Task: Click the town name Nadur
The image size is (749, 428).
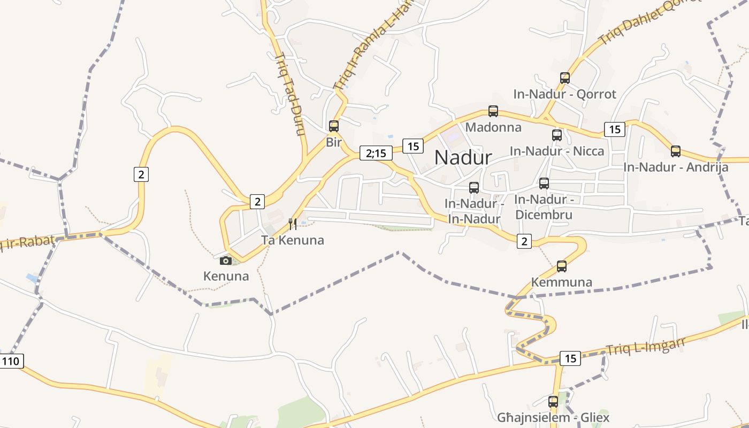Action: coord(463,157)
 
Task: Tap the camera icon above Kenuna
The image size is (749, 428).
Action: coord(226,261)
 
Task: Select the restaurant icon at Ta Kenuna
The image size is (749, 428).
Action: coord(293,224)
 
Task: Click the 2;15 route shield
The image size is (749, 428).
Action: coord(376,154)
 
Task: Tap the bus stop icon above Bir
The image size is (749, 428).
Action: coord(334,126)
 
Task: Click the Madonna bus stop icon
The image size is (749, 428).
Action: coord(493,111)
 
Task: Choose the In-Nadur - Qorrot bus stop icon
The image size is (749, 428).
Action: coord(565,78)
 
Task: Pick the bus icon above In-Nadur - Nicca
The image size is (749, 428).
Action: coord(557,135)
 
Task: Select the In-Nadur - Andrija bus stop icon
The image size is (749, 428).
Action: coord(676,151)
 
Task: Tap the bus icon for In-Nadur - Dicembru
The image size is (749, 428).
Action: coord(544,184)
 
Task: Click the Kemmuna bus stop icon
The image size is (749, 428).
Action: coord(562,266)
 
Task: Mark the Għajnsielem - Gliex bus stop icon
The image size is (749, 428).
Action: coord(553,401)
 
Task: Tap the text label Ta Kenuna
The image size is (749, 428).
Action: coord(293,240)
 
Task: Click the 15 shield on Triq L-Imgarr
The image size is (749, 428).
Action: coord(570,358)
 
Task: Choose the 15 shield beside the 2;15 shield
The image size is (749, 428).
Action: coord(413,146)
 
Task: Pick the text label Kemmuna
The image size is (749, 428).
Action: coord(562,282)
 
